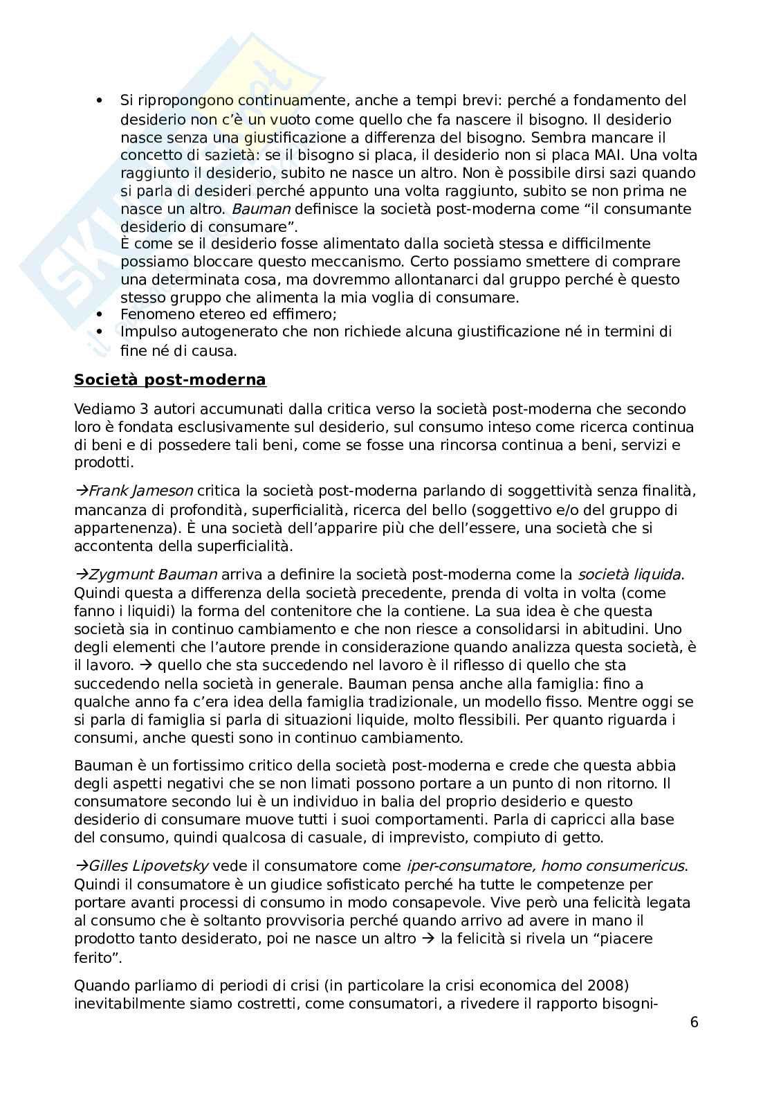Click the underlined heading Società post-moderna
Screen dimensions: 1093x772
[169, 380]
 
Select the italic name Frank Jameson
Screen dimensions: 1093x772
[141, 491]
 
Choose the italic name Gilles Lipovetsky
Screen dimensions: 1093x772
[149, 866]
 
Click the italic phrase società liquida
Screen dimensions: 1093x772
[629, 575]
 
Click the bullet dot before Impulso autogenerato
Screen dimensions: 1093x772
[101, 332]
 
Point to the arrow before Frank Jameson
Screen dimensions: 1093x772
[81, 491]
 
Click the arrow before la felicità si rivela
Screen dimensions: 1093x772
[426, 939]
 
